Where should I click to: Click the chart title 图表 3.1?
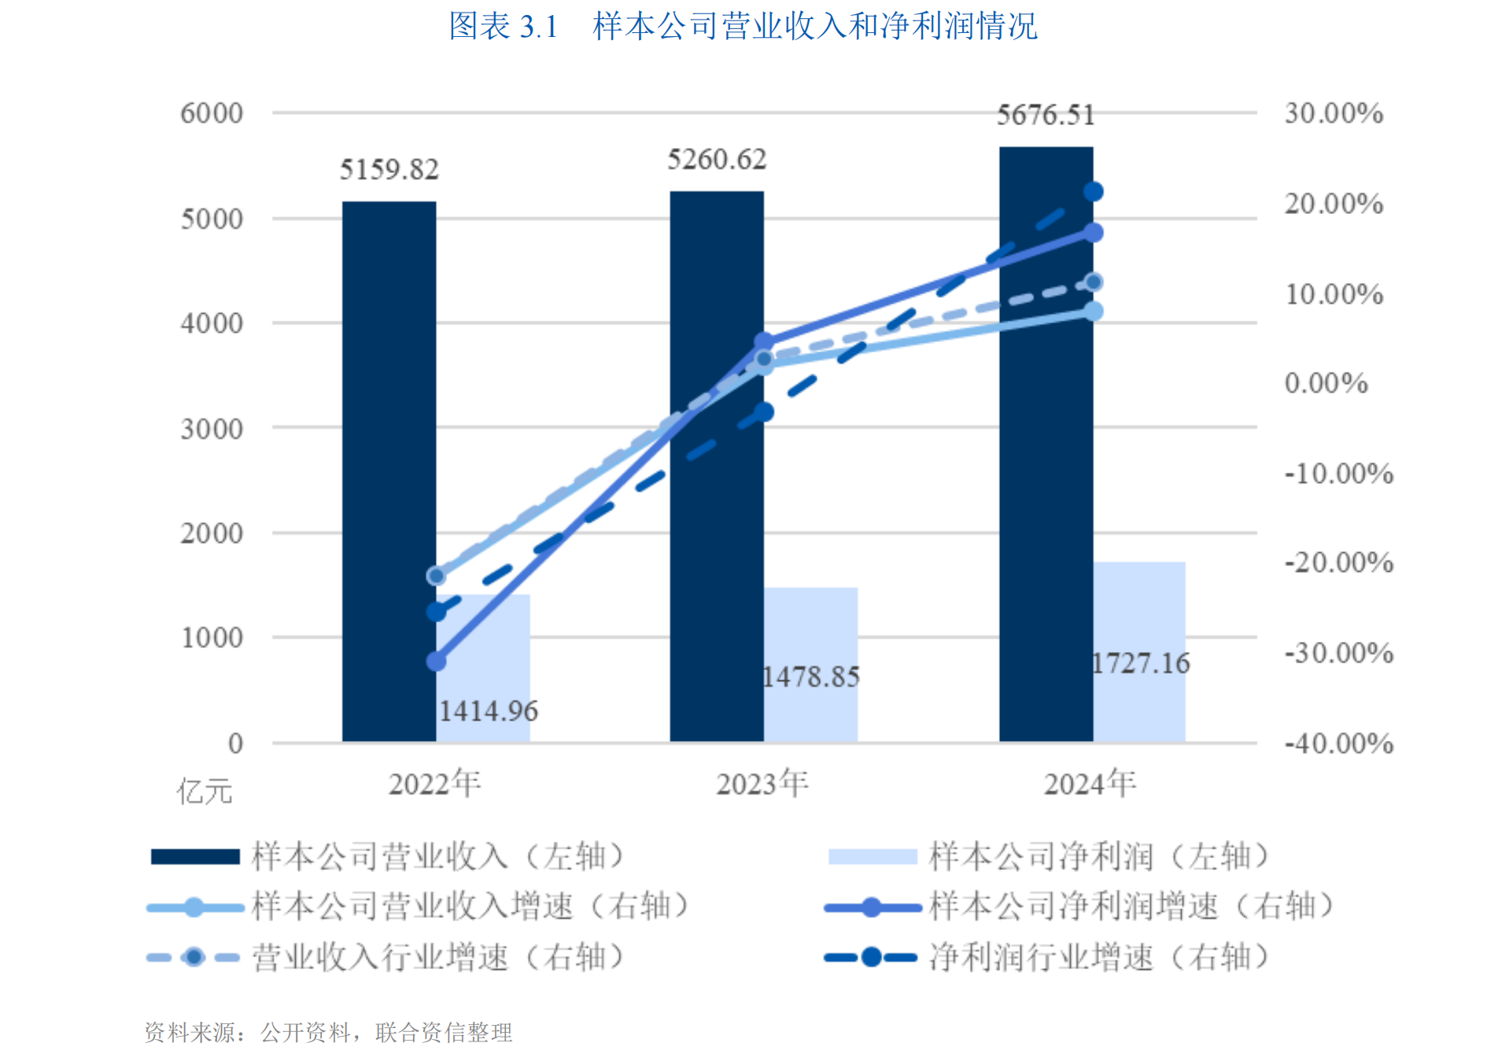pos(743,26)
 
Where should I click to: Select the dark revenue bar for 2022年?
pos(389,472)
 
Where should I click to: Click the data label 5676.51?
pos(1046,116)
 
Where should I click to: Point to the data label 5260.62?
pos(717,160)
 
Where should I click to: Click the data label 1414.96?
pos(488,712)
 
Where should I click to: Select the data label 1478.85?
pos(811,677)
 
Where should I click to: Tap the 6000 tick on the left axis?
pos(212,113)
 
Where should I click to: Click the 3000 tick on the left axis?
pos(212,429)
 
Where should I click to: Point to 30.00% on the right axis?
pos(1334,113)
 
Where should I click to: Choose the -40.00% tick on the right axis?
pos(1338,743)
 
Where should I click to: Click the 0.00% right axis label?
pos(1326,384)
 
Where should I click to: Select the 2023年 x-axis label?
pos(762,784)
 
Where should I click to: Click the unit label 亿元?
pos(205,791)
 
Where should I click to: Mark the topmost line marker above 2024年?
pos(1093,192)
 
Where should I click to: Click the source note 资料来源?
pos(328,1032)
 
